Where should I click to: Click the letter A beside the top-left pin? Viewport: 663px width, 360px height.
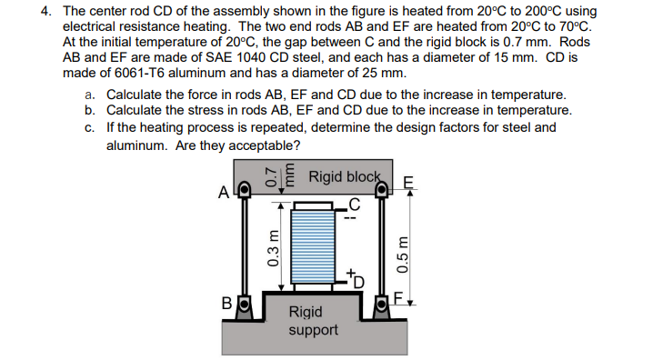click(223, 193)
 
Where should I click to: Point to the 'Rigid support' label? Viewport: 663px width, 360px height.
click(313, 320)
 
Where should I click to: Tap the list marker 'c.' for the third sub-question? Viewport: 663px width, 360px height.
click(90, 127)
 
